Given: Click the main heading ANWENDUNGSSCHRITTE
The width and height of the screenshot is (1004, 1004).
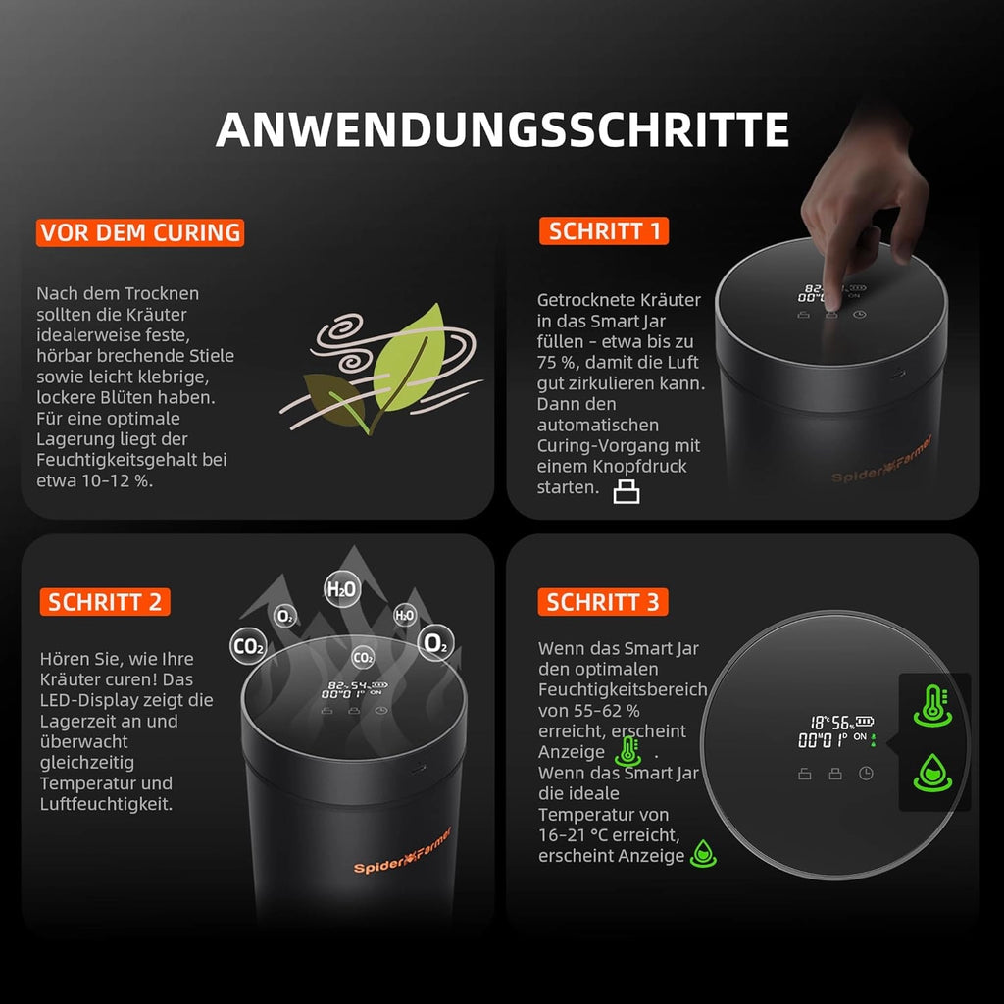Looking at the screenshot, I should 502,130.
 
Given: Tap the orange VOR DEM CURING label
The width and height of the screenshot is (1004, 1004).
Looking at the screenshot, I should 140,232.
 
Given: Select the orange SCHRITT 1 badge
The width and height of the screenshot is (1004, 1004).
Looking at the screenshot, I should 603,231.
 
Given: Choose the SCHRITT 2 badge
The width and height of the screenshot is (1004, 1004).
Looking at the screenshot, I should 105,601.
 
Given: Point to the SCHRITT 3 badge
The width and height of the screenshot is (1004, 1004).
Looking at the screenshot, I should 603,601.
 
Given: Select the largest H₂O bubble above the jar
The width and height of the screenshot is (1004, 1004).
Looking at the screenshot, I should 342,589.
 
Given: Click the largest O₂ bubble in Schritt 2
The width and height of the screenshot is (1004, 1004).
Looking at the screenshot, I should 434,643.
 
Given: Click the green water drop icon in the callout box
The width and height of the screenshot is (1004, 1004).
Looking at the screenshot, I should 931,772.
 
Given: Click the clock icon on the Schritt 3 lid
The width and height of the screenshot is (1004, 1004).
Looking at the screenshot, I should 867,774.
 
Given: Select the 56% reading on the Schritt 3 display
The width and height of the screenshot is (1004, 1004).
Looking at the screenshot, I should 840,721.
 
